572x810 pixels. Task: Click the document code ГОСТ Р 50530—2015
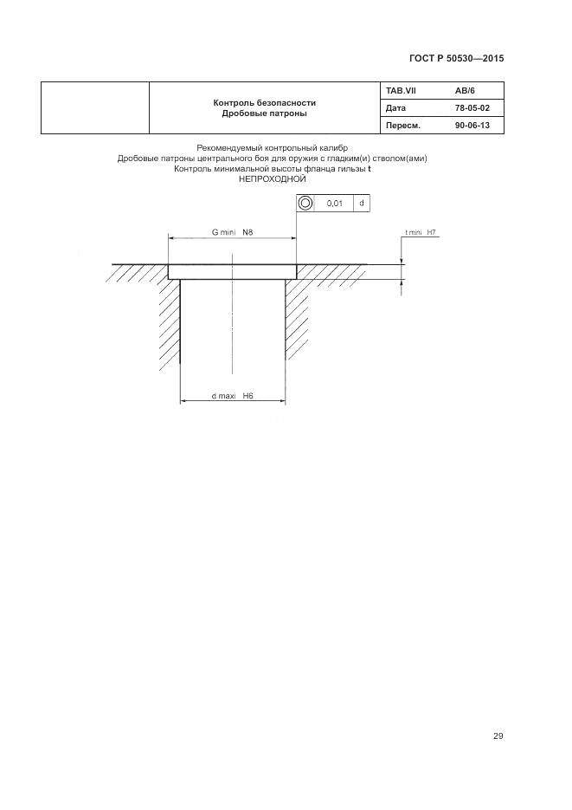pos(456,59)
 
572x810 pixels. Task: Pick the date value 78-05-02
pos(472,108)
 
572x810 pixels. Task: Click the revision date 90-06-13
pos(472,126)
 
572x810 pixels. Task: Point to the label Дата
pos(395,108)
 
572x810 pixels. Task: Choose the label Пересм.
pos(402,126)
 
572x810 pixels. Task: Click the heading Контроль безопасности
pos(264,103)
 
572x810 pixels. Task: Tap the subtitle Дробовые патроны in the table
pos(264,113)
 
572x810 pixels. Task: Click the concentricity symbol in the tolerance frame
pos(305,203)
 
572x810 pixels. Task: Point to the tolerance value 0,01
pos(334,203)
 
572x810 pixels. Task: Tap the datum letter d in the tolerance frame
pos(361,203)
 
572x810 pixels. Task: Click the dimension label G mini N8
pos(232,231)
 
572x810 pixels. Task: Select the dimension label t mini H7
pos(420,233)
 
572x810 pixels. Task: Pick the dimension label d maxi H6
pos(231,395)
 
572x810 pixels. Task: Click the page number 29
pos(498,736)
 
